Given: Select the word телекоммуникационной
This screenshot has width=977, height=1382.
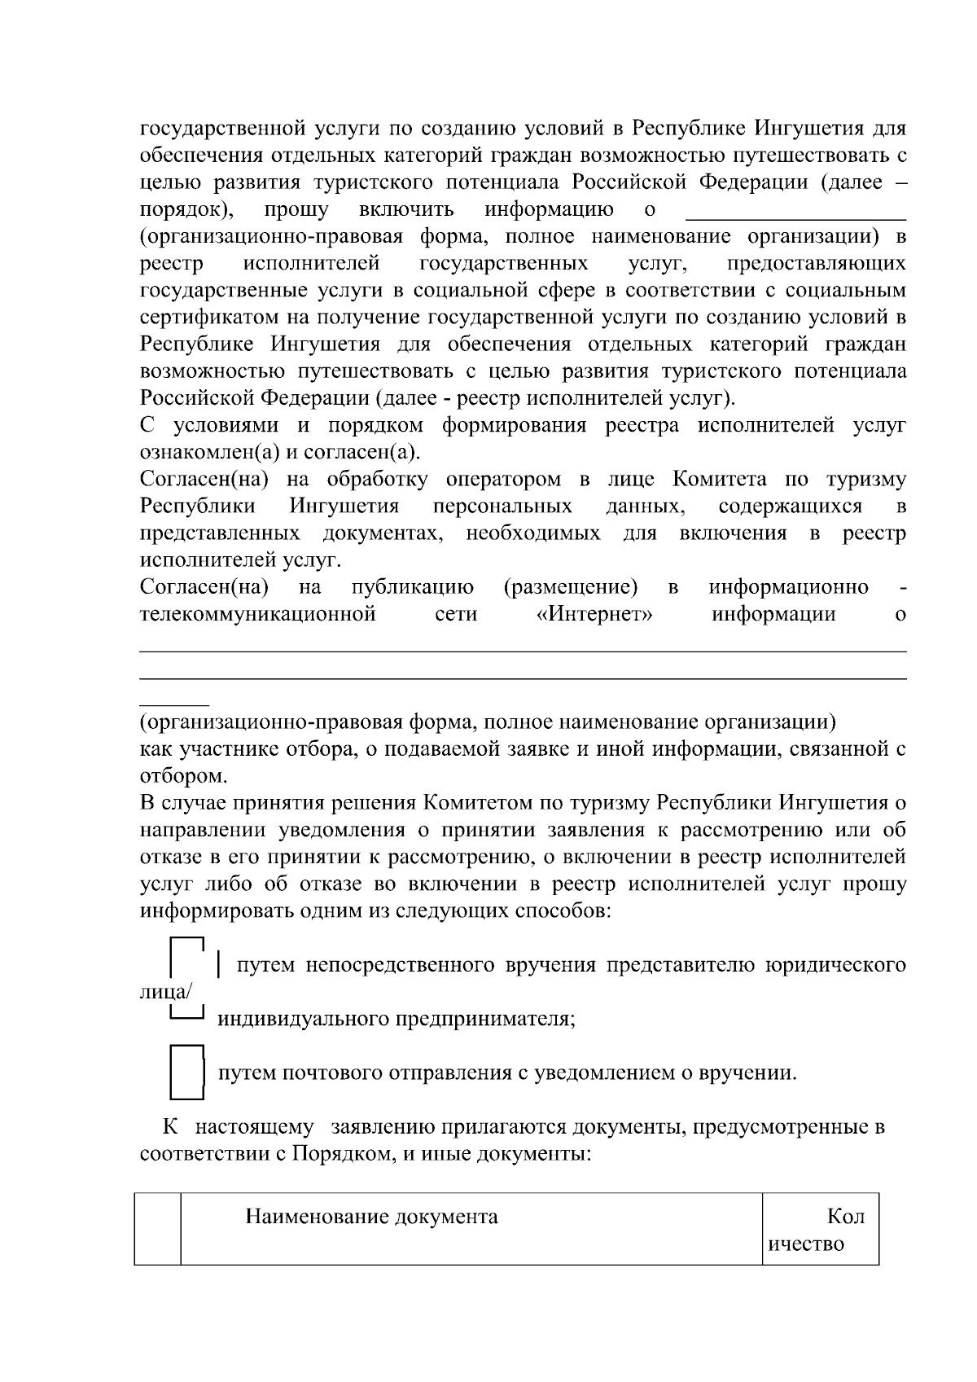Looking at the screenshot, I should pyautogui.click(x=258, y=614).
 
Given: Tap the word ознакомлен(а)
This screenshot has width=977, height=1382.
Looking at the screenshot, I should pyautogui.click(x=208, y=453).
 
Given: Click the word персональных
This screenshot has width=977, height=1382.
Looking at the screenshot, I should pyautogui.click(x=502, y=507).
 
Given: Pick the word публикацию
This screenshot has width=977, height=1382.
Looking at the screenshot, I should pyautogui.click(x=413, y=587).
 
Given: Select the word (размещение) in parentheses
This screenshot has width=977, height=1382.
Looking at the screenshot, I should pyautogui.click(x=571, y=587).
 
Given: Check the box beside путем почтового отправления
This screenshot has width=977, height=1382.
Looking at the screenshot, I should pyautogui.click(x=187, y=1072).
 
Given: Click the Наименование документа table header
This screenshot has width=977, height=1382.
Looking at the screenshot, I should pyautogui.click(x=372, y=1217).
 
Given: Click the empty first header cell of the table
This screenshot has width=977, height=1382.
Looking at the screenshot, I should pyautogui.click(x=157, y=1229).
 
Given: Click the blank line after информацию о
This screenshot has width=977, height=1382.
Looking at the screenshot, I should pyautogui.click(x=795, y=212).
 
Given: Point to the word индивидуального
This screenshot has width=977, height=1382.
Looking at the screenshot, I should pyautogui.click(x=303, y=1019).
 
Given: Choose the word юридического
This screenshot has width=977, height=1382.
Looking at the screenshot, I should pyautogui.click(x=835, y=965).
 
